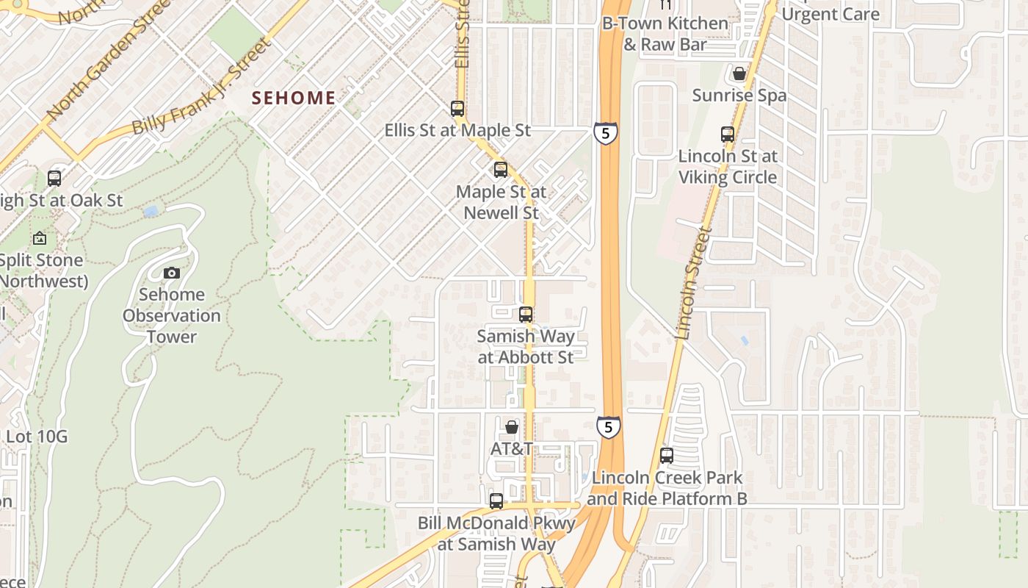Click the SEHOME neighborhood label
pyautogui.click(x=294, y=98)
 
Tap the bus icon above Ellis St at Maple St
pyautogui.click(x=457, y=109)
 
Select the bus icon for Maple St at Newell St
pyautogui.click(x=501, y=170)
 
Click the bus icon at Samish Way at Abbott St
pyautogui.click(x=526, y=315)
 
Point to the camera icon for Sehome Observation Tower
pyautogui.click(x=172, y=273)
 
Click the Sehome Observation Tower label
pyautogui.click(x=172, y=316)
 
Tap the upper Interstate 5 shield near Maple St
pyautogui.click(x=606, y=133)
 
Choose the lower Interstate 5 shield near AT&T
pyautogui.click(x=608, y=428)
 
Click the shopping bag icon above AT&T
pyautogui.click(x=512, y=427)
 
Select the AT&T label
pyautogui.click(x=512, y=448)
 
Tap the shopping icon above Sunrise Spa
pyautogui.click(x=739, y=74)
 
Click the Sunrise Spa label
pyautogui.click(x=739, y=96)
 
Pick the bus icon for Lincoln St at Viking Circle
pyautogui.click(x=728, y=135)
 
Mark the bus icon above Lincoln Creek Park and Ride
pyautogui.click(x=667, y=456)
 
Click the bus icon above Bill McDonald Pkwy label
pyautogui.click(x=496, y=501)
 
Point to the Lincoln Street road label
pyautogui.click(x=694, y=283)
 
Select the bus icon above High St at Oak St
pyautogui.click(x=54, y=178)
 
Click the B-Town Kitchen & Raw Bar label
pyautogui.click(x=665, y=34)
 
